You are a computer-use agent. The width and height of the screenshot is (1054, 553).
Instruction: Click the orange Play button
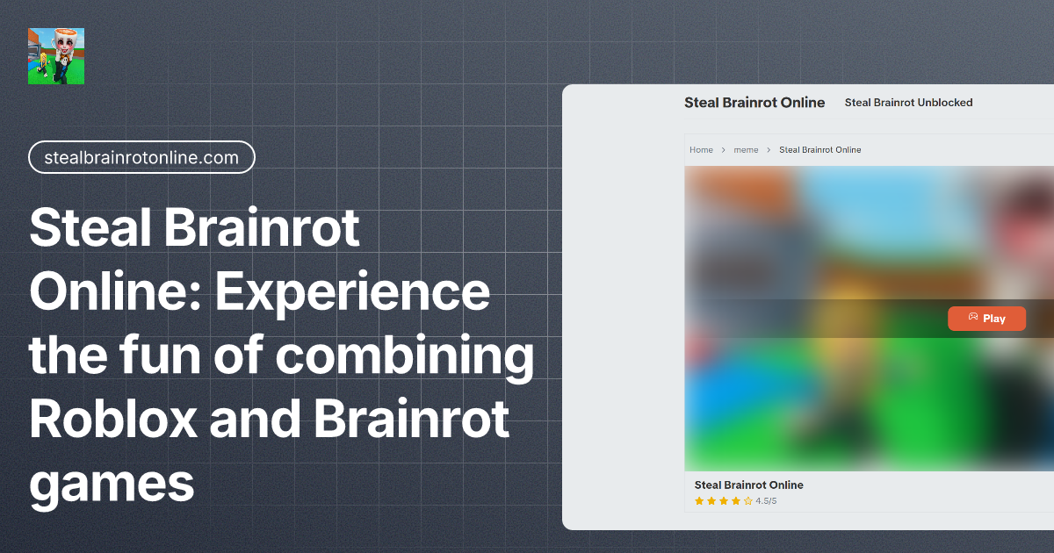[x=986, y=319]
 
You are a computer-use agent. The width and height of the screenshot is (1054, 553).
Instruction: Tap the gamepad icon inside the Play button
[x=973, y=318]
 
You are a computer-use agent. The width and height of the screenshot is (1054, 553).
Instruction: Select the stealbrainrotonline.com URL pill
[x=141, y=157]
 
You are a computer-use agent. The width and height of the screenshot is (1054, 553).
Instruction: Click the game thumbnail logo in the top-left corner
[x=56, y=55]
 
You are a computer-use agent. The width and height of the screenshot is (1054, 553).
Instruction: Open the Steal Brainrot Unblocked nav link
[x=908, y=103]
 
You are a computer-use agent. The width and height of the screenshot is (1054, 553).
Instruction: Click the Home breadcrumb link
[x=701, y=150]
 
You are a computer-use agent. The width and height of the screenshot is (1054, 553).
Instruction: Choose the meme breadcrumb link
[x=746, y=150]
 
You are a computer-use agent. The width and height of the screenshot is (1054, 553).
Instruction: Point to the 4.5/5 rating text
[x=766, y=501]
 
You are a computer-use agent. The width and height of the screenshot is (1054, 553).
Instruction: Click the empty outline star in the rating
[x=747, y=501]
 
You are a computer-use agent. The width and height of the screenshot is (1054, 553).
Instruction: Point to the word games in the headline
[x=112, y=483]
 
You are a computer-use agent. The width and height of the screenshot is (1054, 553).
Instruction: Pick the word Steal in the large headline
[x=86, y=228]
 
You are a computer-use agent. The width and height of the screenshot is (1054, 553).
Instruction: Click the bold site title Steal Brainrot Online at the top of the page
[x=754, y=103]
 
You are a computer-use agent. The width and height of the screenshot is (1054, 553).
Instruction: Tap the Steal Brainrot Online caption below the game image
[x=748, y=485]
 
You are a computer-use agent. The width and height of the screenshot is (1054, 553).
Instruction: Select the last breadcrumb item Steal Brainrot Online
[x=819, y=150]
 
